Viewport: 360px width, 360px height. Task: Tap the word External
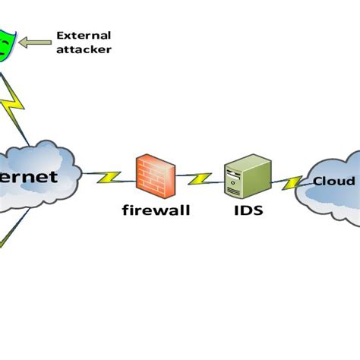point(84,36)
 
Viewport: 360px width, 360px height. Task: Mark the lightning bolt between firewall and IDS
point(201,178)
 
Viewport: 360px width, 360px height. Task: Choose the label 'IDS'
point(247,209)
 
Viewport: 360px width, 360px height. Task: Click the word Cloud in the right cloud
point(333,182)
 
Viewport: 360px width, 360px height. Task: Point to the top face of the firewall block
point(159,159)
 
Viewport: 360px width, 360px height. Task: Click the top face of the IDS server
point(250,159)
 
